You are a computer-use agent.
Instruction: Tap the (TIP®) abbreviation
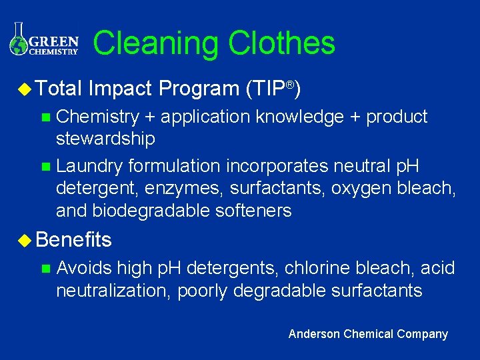273,88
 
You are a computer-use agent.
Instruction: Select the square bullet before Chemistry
45,118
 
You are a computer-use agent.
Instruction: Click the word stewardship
105,139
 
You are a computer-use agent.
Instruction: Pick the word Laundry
90,165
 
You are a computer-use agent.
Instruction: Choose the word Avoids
84,268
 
